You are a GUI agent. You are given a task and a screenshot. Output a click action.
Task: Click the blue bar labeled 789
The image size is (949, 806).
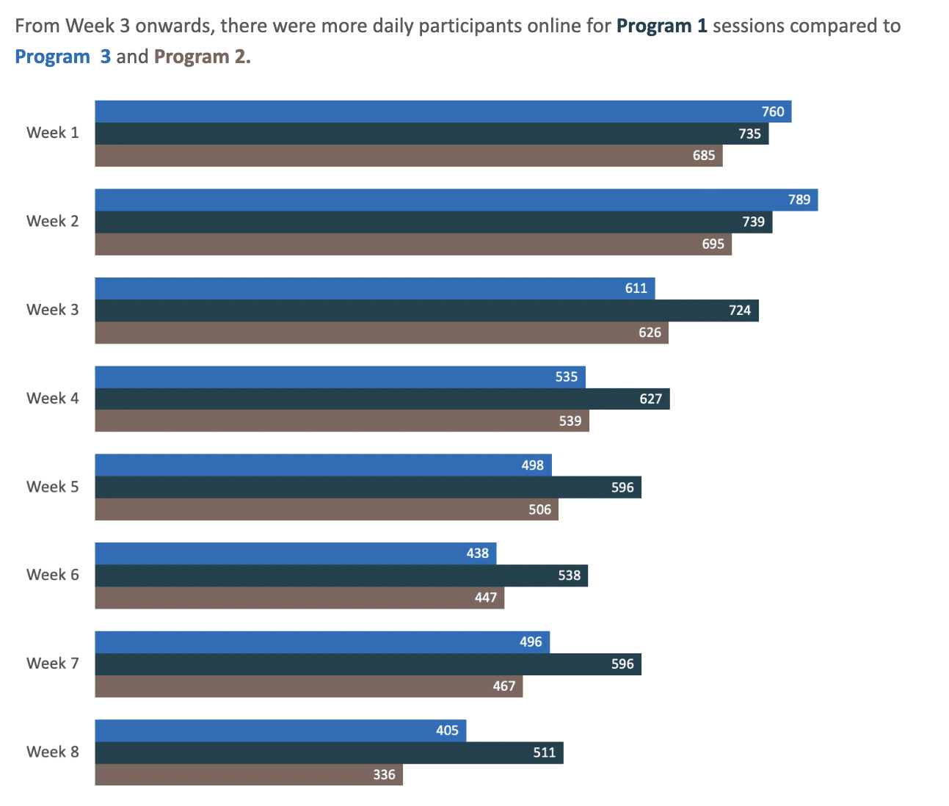pos(455,200)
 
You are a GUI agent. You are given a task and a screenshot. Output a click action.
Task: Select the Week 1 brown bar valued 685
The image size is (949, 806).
pos(408,156)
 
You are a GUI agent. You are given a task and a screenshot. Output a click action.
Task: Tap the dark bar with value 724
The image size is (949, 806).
pos(426,311)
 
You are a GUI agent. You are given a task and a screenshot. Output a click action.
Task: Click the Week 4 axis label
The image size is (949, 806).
pos(52,399)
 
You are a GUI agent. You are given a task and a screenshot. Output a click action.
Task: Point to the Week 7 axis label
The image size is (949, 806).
pos(52,664)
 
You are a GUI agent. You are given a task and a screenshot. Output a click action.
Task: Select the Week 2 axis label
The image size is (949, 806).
pos(52,222)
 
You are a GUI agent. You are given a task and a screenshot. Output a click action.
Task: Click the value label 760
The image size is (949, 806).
pos(773,112)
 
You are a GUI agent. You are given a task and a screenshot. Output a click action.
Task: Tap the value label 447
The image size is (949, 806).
pos(486,598)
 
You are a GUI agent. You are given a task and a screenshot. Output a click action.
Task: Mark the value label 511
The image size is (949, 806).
pos(545,752)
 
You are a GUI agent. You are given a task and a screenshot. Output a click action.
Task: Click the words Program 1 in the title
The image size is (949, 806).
pos(661,26)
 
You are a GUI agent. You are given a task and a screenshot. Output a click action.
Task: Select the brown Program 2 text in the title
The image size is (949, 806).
pos(202,57)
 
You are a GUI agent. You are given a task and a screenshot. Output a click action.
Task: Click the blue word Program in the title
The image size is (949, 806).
pos(52,57)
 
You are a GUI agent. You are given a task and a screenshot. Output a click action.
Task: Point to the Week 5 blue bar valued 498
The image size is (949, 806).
pos(323,465)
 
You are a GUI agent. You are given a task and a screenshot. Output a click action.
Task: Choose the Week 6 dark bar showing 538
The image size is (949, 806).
pos(341,576)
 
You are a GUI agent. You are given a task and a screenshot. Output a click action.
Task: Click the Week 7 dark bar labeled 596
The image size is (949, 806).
pos(367,664)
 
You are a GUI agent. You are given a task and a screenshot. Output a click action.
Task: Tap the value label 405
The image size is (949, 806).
pos(447,730)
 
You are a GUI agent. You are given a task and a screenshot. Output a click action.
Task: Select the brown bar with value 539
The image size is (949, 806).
pos(341,421)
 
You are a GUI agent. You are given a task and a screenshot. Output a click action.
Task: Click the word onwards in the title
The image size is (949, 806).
pos(172,26)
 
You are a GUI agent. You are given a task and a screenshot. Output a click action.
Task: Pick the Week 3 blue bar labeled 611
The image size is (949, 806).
pos(374,288)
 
